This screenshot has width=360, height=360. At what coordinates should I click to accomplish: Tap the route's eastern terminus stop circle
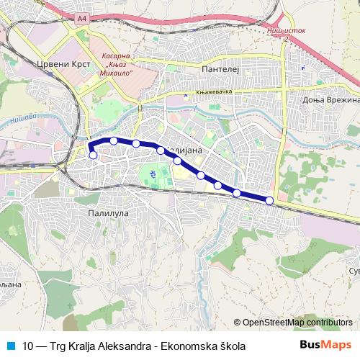pyautogui.click(x=269, y=200)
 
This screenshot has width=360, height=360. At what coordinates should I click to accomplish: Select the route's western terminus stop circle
pyautogui.click(x=93, y=155)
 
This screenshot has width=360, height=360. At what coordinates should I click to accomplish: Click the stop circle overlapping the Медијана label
pyautogui.click(x=161, y=150)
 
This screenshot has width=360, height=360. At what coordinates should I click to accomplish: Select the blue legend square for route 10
pyautogui.click(x=9, y=346)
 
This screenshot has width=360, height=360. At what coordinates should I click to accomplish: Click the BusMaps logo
pyautogui.click(x=325, y=346)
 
